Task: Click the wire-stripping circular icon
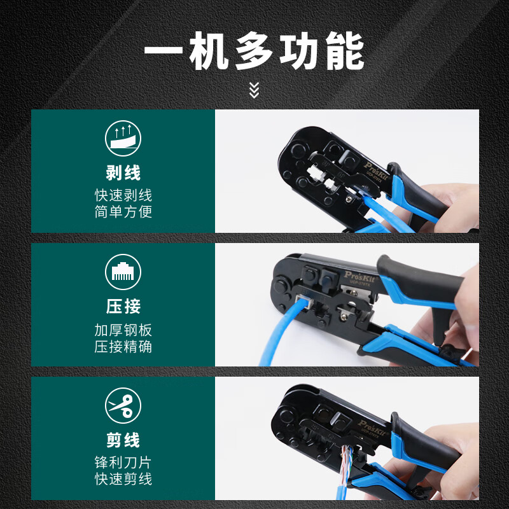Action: [x=123, y=139]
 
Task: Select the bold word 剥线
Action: [x=123, y=172]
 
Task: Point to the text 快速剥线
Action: [x=123, y=195]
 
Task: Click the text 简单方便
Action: [x=123, y=212]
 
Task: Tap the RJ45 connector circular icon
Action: [x=123, y=272]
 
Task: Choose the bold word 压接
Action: [x=123, y=307]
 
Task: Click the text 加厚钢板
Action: [x=123, y=330]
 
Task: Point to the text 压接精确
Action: [x=123, y=347]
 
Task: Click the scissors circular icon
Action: [x=123, y=406]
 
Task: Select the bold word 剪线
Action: [x=123, y=440]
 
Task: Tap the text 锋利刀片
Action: [x=123, y=463]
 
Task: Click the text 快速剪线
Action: [x=123, y=479]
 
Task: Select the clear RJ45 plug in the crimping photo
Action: [x=303, y=304]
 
